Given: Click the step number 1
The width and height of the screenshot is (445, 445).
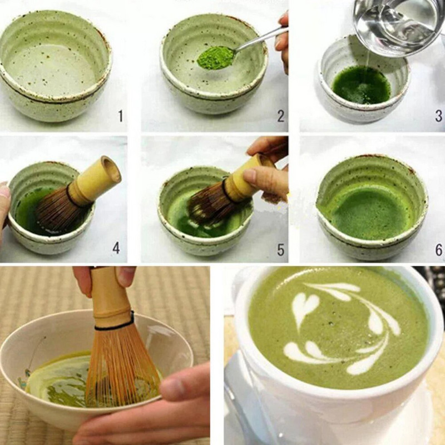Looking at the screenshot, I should pos(120,116).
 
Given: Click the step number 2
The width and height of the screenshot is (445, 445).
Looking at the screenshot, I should pos(281,116).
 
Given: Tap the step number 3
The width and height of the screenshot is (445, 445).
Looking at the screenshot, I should pos(438,116).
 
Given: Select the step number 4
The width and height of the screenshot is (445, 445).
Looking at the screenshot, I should pos(116,248).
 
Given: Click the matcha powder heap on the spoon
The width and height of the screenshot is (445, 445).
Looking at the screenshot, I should pos(215,57).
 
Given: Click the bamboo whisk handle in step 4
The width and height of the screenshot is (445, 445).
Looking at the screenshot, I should pos(97,181).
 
